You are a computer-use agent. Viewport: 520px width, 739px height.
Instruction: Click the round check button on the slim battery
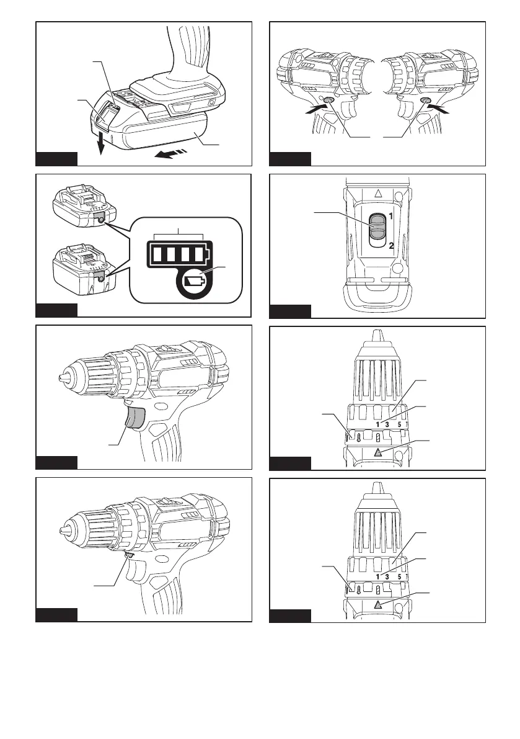click(x=100, y=220)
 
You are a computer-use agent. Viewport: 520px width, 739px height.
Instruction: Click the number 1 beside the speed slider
click(x=392, y=218)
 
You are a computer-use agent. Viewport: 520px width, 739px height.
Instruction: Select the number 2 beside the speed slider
click(x=392, y=246)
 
